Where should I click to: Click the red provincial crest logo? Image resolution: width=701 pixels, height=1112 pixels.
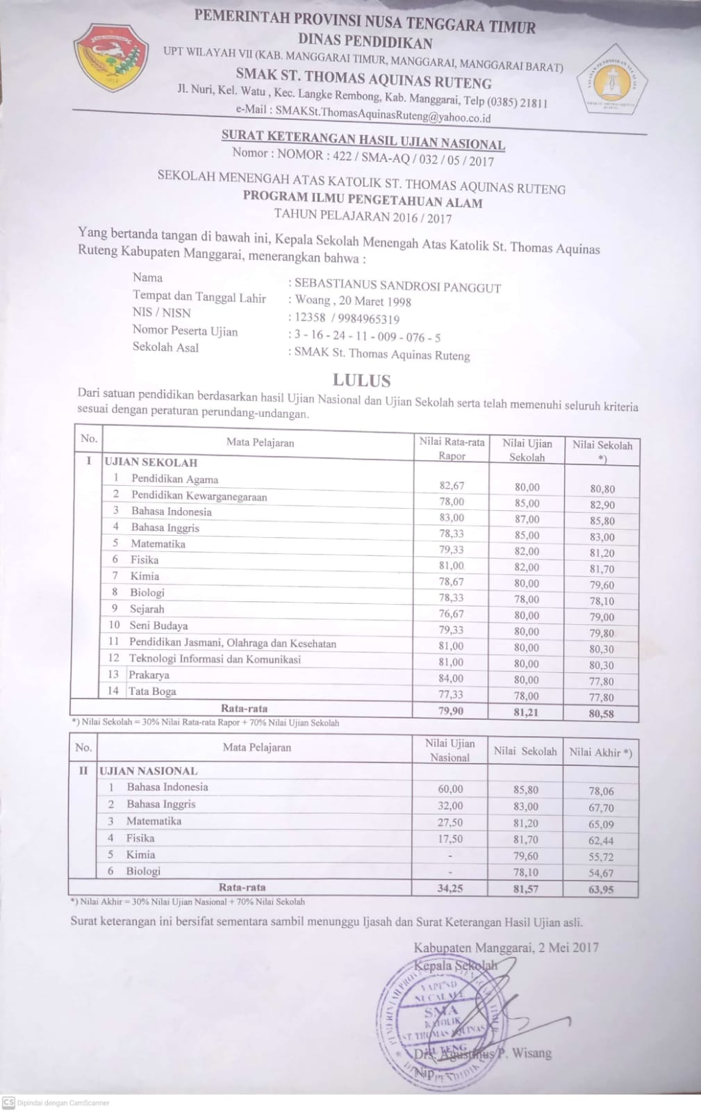111,58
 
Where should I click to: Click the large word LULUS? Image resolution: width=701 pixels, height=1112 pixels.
361,380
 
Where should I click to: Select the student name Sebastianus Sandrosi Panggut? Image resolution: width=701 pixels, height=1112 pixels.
397,286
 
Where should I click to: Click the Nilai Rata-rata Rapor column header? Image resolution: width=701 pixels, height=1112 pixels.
452,448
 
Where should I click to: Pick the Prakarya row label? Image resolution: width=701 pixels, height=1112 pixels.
149,674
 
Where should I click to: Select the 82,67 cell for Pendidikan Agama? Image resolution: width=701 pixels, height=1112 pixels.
452,486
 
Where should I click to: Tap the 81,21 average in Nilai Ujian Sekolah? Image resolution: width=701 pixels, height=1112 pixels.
527,712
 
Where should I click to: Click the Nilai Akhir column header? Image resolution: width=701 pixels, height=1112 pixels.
600,752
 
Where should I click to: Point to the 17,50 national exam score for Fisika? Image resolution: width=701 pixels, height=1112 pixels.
450,839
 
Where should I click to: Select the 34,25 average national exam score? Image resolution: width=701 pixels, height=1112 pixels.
450,888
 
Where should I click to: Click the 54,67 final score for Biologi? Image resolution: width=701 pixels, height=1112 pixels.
601,873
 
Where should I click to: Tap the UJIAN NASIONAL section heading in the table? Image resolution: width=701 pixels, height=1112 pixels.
149,771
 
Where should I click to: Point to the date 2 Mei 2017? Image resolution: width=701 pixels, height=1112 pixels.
568,947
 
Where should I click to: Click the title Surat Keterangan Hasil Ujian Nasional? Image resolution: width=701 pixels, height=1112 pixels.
363,141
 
